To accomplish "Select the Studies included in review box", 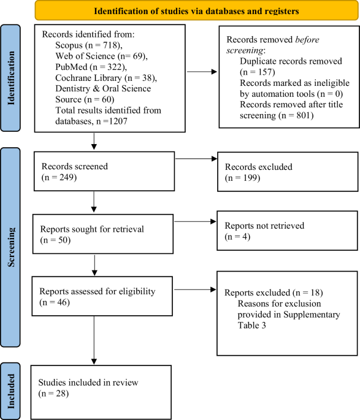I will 102,389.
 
